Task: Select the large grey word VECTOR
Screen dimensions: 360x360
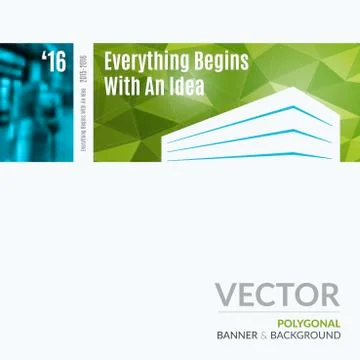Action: pos(277,294)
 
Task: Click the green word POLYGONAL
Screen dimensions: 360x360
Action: pos(309,323)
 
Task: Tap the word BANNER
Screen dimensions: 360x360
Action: pos(236,335)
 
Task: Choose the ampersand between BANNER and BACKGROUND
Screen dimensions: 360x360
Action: pos(264,335)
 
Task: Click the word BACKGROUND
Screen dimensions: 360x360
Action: pos(305,335)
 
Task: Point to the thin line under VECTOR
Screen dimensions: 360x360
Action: pos(277,313)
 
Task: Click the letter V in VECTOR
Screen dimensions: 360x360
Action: pos(226,294)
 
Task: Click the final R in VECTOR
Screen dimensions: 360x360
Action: pos(329,294)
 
